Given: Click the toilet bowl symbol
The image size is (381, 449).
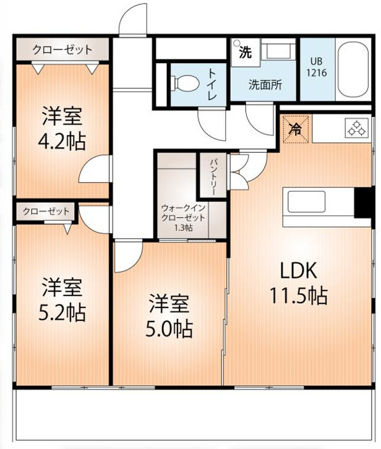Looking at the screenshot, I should click(x=184, y=83).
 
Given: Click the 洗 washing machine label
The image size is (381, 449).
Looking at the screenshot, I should click(x=245, y=52).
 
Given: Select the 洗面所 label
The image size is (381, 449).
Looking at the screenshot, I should click(x=265, y=85).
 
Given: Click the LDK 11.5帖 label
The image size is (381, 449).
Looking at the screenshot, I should click(x=298, y=283).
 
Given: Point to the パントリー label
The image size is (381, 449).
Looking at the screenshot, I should click(x=212, y=176).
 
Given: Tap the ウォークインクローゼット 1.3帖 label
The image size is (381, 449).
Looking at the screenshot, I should click(x=183, y=218).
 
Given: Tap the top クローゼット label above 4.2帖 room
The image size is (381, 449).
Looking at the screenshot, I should click(x=62, y=49).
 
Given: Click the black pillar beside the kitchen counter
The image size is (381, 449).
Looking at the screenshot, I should click(x=364, y=203).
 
